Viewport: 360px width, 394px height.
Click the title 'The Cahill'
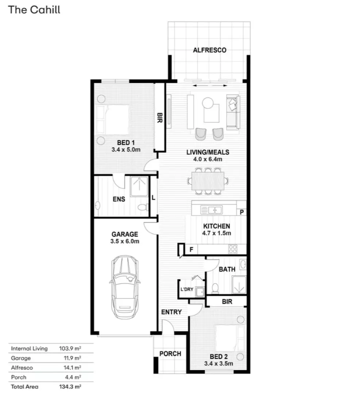tap(34, 10)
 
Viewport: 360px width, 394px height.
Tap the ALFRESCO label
tap(209, 50)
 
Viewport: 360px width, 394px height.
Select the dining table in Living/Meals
tap(208, 181)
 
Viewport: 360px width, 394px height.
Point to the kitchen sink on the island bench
tap(211, 210)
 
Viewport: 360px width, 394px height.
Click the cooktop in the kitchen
tap(233, 249)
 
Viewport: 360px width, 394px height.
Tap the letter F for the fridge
tap(191, 250)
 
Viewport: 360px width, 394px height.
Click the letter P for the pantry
tap(242, 212)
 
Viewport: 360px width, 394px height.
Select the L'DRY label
tap(187, 289)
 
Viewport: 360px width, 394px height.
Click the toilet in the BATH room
tap(215, 288)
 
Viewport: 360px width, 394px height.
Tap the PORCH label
tap(170, 354)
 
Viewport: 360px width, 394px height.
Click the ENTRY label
tap(171, 312)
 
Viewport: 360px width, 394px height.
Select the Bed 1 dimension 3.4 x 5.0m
tap(126, 150)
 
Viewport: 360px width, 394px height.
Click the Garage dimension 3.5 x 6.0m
tap(125, 242)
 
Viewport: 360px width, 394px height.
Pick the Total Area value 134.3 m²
tap(70, 386)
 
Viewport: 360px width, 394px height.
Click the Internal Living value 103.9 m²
tap(70, 348)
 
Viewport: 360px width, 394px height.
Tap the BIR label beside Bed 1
tap(159, 117)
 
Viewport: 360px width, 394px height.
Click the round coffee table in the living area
tap(208, 103)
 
